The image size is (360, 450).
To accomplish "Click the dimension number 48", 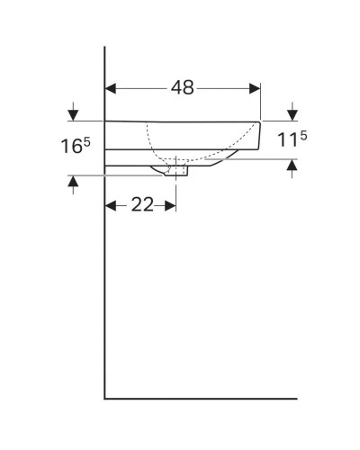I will click(182, 88).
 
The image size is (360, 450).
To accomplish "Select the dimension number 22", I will click(141, 205).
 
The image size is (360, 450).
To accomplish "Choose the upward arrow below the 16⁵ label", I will click(72, 183).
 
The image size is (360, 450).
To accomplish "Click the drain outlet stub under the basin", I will click(182, 172).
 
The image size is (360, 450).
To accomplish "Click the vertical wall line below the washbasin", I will click(105, 297).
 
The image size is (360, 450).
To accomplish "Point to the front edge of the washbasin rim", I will click(260, 135).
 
